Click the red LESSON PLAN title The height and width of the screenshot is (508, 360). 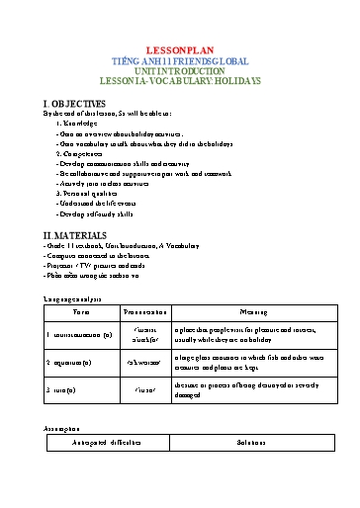[179, 47]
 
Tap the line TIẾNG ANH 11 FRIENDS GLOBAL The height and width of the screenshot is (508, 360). [179, 59]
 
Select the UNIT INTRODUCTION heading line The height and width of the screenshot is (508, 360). [179, 70]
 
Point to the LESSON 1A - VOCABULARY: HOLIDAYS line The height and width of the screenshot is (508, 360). [179, 81]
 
